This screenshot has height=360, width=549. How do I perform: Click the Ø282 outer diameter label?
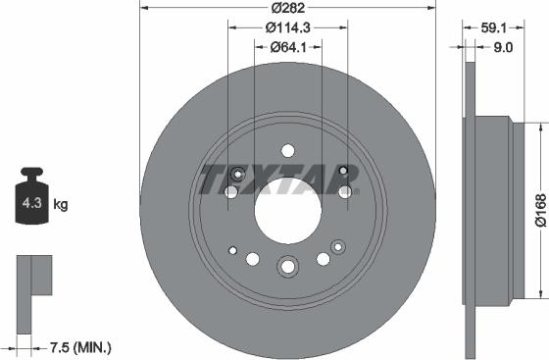[286, 9]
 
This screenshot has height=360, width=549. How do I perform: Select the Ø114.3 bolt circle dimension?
[286, 27]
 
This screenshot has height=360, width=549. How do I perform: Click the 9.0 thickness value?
[504, 46]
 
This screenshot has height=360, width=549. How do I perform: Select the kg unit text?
[61, 205]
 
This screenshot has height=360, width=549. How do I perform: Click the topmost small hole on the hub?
[287, 150]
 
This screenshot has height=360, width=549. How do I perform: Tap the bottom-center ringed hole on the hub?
[287, 266]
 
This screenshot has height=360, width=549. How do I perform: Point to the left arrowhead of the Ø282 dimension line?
[144, 9]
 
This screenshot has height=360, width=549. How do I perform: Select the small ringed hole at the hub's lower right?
[339, 245]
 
